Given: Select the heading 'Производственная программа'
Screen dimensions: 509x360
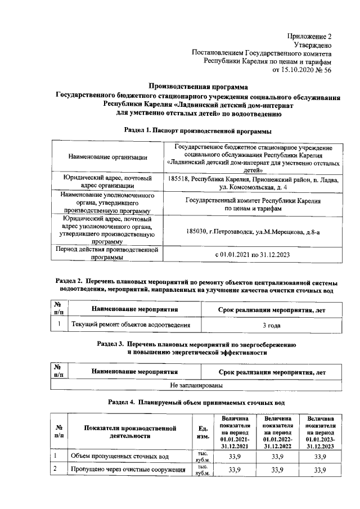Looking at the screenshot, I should click(197, 87).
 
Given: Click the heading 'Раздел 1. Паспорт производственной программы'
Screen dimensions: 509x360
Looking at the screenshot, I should click(197, 130).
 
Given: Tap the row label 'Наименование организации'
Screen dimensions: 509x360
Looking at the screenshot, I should click(107, 157).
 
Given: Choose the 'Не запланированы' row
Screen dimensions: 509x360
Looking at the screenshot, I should click(196, 386).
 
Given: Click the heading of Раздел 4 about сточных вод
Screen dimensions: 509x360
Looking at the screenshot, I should click(196, 403).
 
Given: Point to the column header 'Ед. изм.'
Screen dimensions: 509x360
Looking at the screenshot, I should click(202, 431).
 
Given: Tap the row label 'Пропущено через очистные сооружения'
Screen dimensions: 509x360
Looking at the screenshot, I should click(128, 470).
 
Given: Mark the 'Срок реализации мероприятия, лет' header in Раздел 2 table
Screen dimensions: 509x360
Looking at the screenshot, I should click(272, 309).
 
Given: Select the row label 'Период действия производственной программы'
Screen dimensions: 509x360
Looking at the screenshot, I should click(107, 254).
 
